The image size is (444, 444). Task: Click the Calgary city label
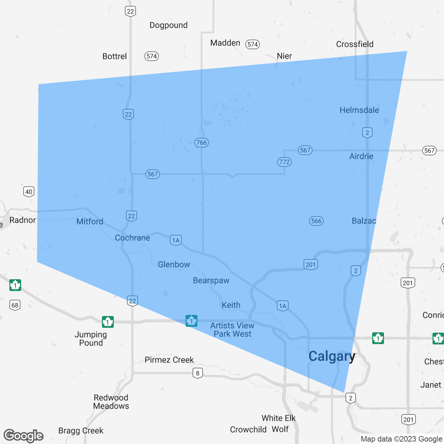[332, 356]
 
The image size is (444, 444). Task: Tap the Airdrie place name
[361, 156]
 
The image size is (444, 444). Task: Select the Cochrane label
[132, 238]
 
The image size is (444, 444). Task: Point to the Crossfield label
[355, 44]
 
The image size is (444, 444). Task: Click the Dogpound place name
[168, 25]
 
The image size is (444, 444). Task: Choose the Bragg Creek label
[81, 430]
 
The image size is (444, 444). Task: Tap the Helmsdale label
[359, 110]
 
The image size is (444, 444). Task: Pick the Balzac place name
[364, 221]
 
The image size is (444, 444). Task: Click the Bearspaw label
[211, 280]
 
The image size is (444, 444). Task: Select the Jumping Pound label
[91, 339]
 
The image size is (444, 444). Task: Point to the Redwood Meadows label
[111, 402]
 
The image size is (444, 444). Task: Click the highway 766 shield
[201, 142]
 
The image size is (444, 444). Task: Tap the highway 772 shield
[284, 162]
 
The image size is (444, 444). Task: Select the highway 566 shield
[316, 221]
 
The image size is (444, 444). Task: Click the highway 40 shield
[29, 191]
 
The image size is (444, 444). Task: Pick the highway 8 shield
[197, 373]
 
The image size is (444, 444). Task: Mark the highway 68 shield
[15, 305]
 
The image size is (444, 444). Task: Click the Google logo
[24, 436]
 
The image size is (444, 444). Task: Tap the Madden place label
[225, 43]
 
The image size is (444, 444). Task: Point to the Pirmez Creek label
[169, 360]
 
